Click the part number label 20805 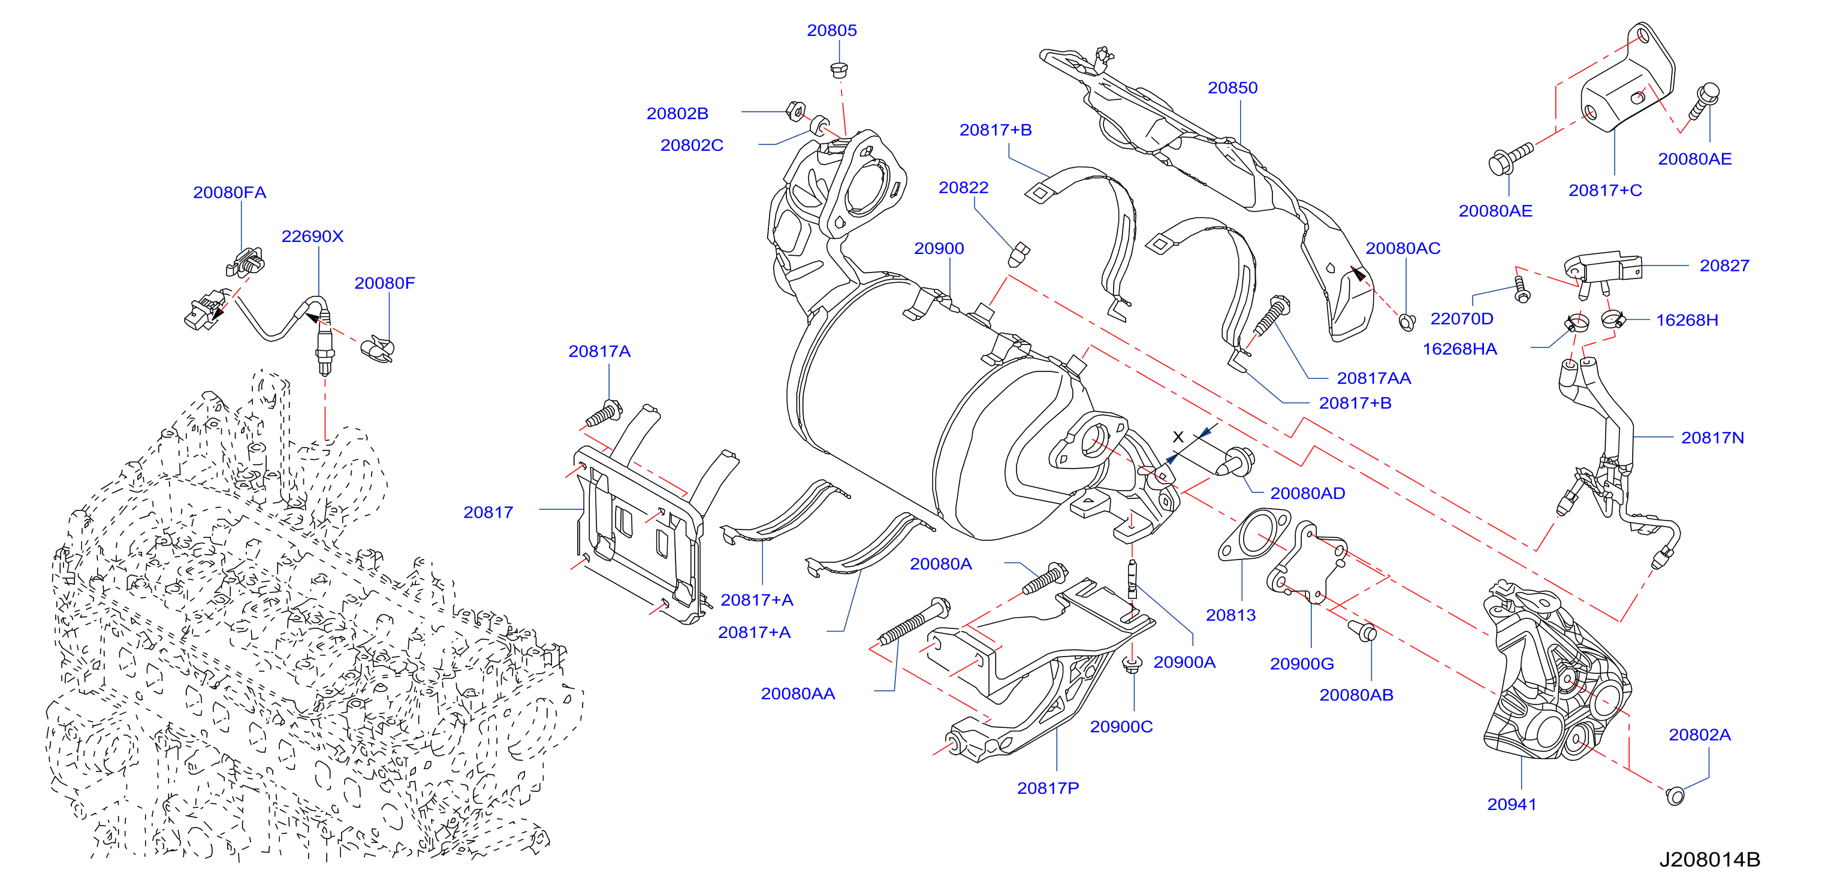click(832, 31)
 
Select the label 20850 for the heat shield click(1232, 88)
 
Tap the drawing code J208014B click(1709, 860)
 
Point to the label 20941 click(1512, 805)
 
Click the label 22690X click(312, 237)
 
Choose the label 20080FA click(230, 192)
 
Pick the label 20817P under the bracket click(1048, 788)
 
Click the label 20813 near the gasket click(1230, 615)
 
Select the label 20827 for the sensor click(1724, 266)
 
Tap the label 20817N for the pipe click(1712, 438)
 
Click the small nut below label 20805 click(838, 70)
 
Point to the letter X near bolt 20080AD click(1178, 437)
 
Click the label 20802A click(1700, 735)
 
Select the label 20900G click(1301, 664)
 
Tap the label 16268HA click(1459, 349)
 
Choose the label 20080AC click(1402, 249)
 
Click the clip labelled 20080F click(378, 349)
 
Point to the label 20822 click(963, 188)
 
